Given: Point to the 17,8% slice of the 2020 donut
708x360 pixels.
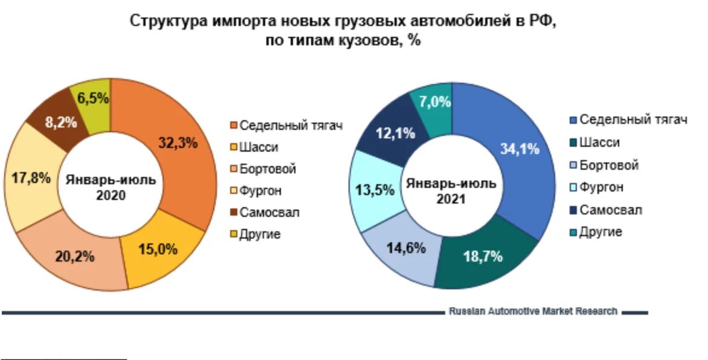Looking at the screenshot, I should [x=30, y=180].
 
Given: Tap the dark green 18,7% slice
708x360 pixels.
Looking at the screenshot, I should [x=483, y=257].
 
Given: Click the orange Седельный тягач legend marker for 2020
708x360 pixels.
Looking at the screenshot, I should [x=233, y=126].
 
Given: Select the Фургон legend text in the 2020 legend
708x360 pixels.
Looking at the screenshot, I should [x=260, y=191].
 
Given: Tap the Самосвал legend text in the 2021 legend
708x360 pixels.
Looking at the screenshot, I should [x=611, y=210].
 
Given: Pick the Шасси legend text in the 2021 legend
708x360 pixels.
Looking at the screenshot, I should [x=599, y=143].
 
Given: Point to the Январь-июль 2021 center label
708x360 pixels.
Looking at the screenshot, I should [x=451, y=190].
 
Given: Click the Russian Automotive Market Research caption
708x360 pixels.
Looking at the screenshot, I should [x=533, y=311].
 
